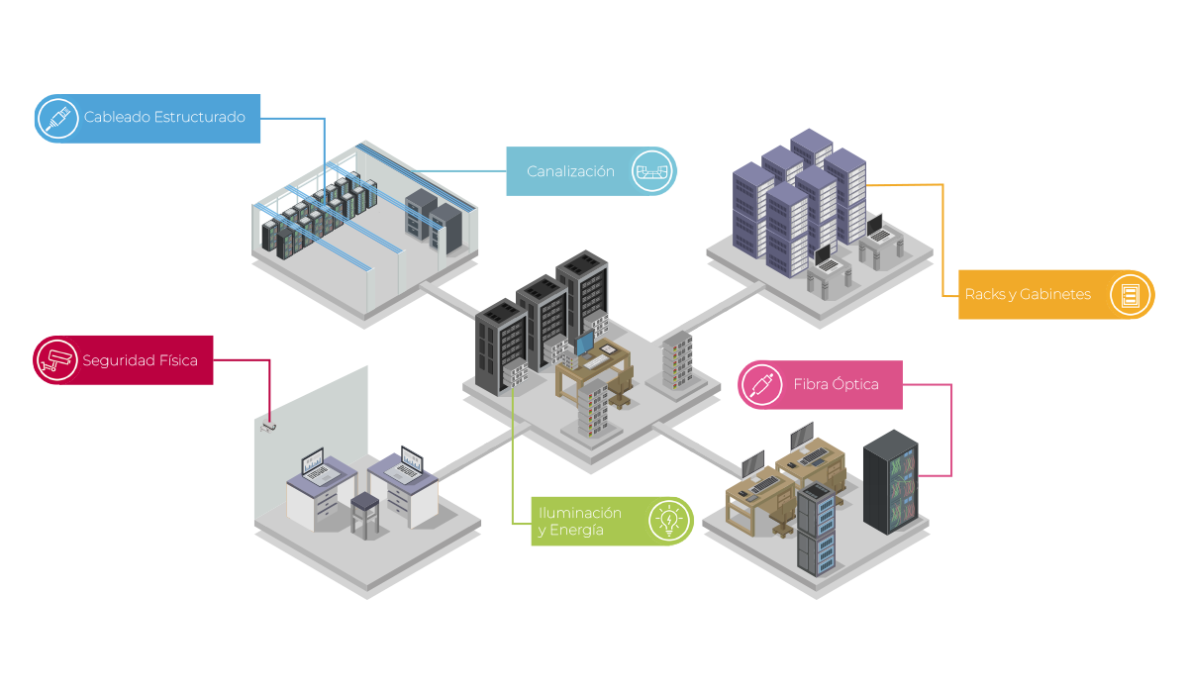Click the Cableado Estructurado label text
(164, 117)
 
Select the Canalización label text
(570, 171)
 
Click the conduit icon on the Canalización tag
(652, 171)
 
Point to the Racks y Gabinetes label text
(1029, 294)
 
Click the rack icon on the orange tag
(1130, 294)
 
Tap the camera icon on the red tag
(56, 359)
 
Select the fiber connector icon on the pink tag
(762, 384)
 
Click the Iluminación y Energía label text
(580, 522)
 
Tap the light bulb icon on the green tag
(669, 521)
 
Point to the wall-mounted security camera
(268, 428)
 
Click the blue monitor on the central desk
(585, 344)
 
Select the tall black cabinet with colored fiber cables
(890, 481)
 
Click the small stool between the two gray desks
(365, 513)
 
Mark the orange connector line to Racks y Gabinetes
(943, 238)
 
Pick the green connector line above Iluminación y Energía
(513, 455)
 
